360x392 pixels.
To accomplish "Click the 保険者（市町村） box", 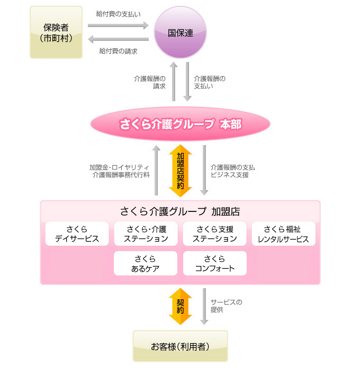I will [56, 32].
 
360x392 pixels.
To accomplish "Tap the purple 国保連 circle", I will [180, 32].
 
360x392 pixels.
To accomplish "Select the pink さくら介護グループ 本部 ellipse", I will [180, 124].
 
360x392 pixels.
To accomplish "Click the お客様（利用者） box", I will [180, 346].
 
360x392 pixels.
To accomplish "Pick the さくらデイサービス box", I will [77, 234].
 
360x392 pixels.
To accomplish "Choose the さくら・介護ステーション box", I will [146, 234].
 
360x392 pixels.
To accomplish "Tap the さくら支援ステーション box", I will [214, 234].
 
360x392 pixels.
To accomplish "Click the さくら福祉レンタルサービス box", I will [283, 234].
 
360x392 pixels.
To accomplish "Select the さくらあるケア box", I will [146, 263].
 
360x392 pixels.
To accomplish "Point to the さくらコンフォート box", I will [214, 263].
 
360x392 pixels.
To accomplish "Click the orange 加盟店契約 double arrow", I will [180, 170].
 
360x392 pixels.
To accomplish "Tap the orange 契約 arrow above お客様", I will [180, 306].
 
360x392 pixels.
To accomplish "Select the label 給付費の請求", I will [118, 51].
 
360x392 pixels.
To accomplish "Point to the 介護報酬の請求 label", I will [150, 82].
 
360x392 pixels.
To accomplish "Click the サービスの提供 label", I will [226, 306].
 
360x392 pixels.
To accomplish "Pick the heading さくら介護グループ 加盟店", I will [180, 211].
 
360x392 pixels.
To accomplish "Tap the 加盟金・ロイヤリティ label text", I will [119, 167].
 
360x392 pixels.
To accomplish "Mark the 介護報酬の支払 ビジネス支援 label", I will [233, 171].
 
